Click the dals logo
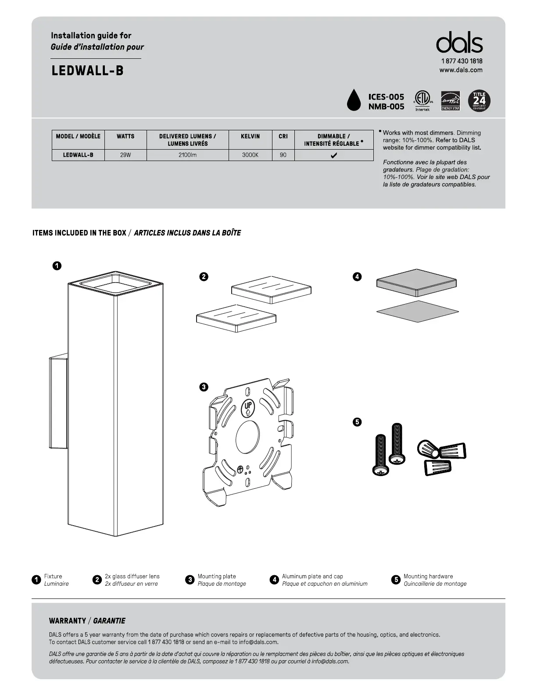click(459, 43)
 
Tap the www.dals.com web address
click(461, 70)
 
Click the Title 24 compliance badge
click(479, 101)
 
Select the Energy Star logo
click(450, 101)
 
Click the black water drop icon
click(354, 100)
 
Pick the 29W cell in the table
click(125, 155)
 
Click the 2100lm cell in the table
click(187, 155)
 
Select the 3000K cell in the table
click(250, 155)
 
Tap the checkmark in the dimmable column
click(334, 155)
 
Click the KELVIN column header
click(250, 136)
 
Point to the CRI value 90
click(283, 155)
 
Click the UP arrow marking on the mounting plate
click(247, 408)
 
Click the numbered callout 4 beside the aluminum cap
click(357, 276)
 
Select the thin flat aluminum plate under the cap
click(417, 311)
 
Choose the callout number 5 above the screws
click(357, 422)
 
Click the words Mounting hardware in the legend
click(428, 576)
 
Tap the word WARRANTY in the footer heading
click(68, 621)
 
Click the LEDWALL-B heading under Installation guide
click(87, 71)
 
